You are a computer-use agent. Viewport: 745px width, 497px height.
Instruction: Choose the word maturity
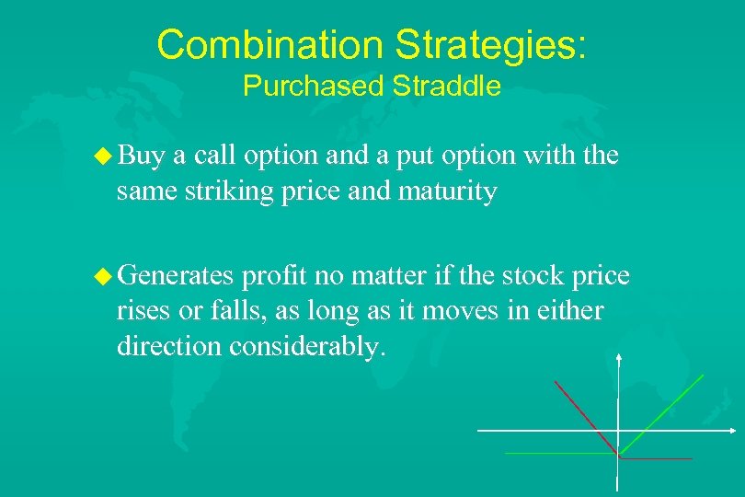click(x=448, y=192)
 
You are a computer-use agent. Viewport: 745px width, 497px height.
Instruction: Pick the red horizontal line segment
click(x=658, y=457)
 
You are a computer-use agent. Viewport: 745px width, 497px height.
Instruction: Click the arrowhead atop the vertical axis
click(x=619, y=358)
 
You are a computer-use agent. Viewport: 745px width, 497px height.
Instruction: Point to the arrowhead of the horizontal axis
click(x=731, y=430)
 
